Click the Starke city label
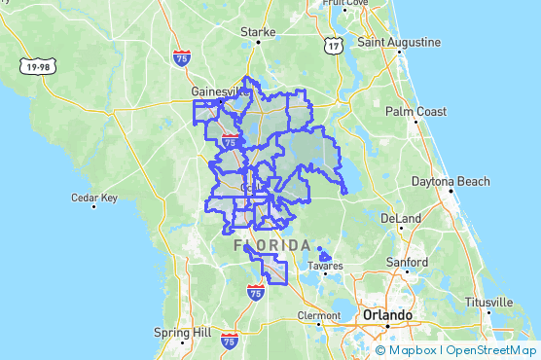click(x=259, y=32)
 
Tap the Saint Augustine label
click(x=399, y=43)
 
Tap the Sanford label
click(x=405, y=263)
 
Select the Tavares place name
click(x=326, y=266)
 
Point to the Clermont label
click(x=319, y=316)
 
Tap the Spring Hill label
click(x=182, y=333)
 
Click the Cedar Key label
click(x=94, y=198)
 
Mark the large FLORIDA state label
click(x=273, y=245)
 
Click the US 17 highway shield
click(x=334, y=46)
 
